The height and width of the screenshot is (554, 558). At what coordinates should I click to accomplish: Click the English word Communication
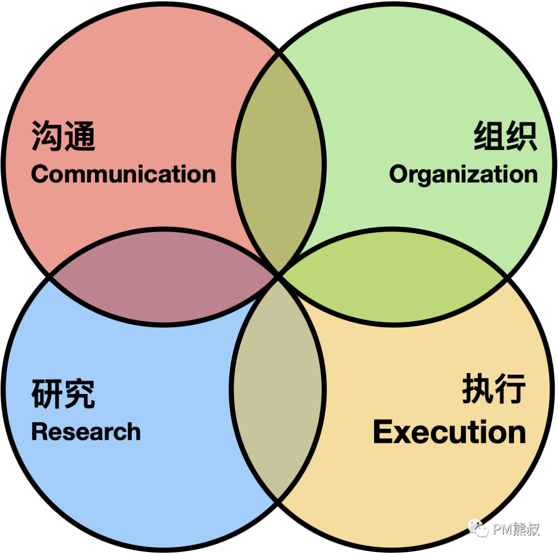pyautogui.click(x=123, y=174)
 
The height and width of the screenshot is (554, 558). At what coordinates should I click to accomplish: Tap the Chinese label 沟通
pyautogui.click(x=63, y=136)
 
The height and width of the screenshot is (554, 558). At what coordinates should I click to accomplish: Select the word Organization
pyautogui.click(x=463, y=175)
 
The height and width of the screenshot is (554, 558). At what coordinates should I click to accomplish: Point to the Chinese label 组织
pyautogui.click(x=505, y=136)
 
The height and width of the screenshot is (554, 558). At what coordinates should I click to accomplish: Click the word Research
pyautogui.click(x=86, y=432)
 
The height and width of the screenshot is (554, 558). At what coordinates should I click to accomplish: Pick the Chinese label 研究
pyautogui.click(x=63, y=394)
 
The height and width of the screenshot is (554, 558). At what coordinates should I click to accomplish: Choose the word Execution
pyautogui.click(x=449, y=432)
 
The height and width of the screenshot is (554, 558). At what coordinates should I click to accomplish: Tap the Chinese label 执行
pyautogui.click(x=494, y=389)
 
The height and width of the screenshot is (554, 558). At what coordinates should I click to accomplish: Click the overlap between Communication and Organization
pyautogui.click(x=279, y=164)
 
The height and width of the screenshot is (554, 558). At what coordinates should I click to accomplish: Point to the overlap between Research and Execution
pyautogui.click(x=278, y=389)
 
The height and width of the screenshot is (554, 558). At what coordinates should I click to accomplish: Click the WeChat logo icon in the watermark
pyautogui.click(x=478, y=528)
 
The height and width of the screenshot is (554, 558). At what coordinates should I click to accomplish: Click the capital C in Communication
pyautogui.click(x=40, y=174)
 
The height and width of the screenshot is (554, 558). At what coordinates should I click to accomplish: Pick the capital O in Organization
pyautogui.click(x=398, y=175)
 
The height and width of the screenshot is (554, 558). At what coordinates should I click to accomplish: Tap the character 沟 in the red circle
pyautogui.click(x=48, y=136)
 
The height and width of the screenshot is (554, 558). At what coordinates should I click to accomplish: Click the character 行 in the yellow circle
pyautogui.click(x=510, y=389)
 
